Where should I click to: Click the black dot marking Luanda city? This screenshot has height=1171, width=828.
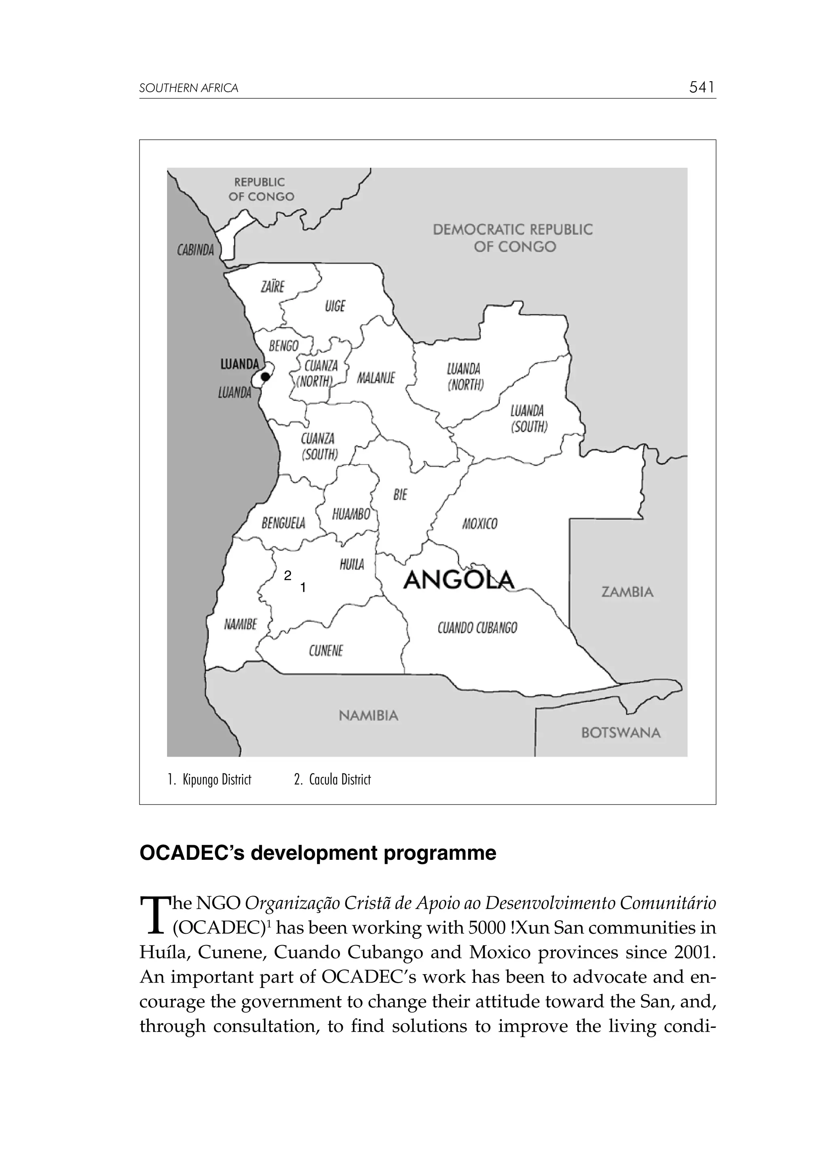click(265, 376)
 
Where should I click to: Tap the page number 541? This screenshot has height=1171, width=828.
click(702, 88)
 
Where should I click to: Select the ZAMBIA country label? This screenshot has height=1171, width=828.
click(627, 592)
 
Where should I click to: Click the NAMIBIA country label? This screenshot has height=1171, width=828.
click(368, 715)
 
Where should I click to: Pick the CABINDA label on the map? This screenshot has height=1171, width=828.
click(195, 251)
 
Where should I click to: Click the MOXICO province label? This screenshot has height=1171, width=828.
click(479, 524)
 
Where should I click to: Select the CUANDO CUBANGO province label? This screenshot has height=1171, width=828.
click(477, 628)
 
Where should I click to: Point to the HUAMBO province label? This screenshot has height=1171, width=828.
click(351, 514)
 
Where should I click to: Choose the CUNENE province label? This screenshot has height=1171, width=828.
click(326, 651)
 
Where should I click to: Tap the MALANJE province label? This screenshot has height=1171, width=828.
click(376, 378)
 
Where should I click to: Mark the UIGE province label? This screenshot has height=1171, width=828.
click(335, 306)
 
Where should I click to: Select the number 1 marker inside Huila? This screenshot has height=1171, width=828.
click(303, 588)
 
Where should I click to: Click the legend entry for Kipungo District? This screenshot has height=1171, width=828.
click(210, 780)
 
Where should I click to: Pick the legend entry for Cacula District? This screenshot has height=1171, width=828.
click(333, 780)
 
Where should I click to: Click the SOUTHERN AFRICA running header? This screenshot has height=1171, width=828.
click(189, 88)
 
